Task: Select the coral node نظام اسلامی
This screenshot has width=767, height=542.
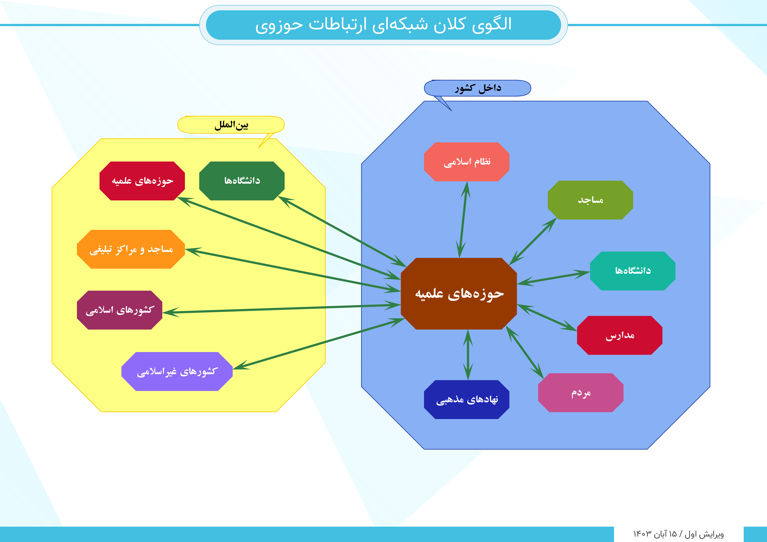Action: click(x=467, y=162)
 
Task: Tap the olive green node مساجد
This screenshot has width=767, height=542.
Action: click(x=590, y=200)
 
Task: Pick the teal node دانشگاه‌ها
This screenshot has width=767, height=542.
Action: click(x=633, y=271)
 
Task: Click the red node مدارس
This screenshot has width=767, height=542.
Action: click(x=620, y=335)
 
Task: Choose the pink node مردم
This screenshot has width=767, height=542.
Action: click(x=581, y=393)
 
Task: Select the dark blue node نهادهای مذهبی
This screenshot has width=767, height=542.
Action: click(x=467, y=399)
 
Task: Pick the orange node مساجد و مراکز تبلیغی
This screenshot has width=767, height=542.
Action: click(x=131, y=249)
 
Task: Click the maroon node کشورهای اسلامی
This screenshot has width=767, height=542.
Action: click(x=120, y=310)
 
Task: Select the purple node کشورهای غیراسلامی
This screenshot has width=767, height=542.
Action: click(x=177, y=371)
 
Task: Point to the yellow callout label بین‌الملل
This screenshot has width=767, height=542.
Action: click(x=231, y=125)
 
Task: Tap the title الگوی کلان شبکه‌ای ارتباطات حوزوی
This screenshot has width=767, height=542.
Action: click(x=383, y=25)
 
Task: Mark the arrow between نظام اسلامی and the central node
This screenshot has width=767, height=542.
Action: click(x=463, y=219)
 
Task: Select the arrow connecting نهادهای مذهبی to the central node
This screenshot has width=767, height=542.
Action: click(x=468, y=355)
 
